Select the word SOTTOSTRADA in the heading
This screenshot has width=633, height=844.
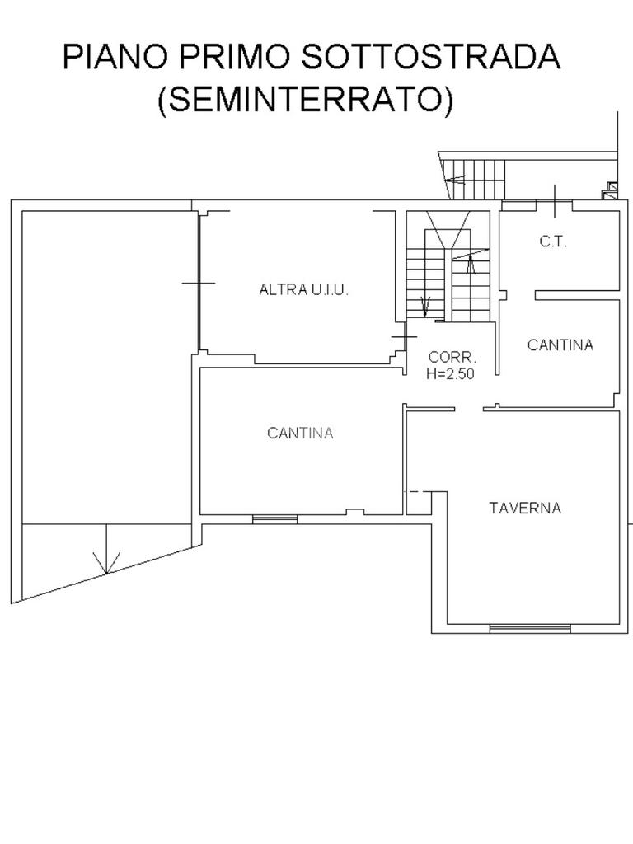pos(431,57)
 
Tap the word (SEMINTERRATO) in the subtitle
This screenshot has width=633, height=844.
pos(306,99)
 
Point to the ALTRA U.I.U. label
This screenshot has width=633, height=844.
pos(303,290)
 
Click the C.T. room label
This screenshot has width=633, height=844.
pos(553,241)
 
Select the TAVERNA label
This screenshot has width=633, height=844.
pos(525,508)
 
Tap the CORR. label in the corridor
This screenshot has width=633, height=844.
pos(452,357)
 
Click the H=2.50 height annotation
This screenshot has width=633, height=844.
pos(451,373)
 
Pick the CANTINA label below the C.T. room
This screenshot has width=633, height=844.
pos(560,345)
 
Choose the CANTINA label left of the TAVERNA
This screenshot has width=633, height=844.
pos(300,433)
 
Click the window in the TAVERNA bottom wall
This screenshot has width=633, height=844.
pos(530,628)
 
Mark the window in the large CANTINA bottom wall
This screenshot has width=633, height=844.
pos(275,519)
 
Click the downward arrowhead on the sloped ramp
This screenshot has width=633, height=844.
pos(106,563)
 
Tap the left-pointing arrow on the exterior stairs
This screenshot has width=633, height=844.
pos(456,180)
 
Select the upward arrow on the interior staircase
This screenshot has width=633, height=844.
pos(471,265)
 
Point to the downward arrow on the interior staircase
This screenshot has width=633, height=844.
pos(425,307)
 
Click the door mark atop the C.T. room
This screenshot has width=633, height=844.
pos(555,201)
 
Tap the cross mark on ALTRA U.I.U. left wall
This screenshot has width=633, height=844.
pos(199,283)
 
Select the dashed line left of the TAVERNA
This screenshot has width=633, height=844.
pos(418,491)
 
